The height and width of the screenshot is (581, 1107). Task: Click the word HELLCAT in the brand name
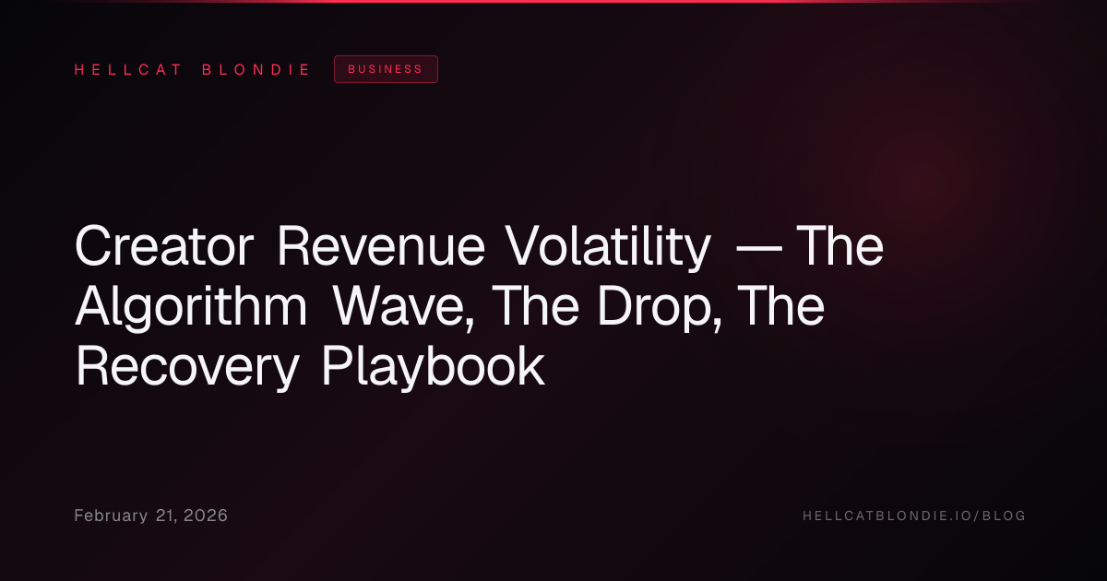128,70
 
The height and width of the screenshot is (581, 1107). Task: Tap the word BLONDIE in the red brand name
256,70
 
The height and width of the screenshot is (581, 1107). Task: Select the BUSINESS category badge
386,69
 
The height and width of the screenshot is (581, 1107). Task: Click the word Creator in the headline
164,246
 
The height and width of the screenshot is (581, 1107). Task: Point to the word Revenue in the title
381,246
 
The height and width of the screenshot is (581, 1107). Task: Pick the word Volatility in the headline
608,248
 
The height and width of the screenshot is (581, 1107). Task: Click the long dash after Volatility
759,248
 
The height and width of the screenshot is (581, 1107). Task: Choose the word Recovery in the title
187,368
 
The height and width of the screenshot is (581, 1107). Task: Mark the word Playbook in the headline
434,368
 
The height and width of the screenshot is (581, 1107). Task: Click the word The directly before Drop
536,306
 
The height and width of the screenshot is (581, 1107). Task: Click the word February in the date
111,516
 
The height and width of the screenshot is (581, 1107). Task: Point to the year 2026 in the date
206,516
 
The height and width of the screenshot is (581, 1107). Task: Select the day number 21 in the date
165,516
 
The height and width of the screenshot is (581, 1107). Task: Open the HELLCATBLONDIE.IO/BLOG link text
914,516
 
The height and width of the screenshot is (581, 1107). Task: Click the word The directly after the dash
840,246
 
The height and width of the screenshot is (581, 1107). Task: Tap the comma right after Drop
717,325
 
